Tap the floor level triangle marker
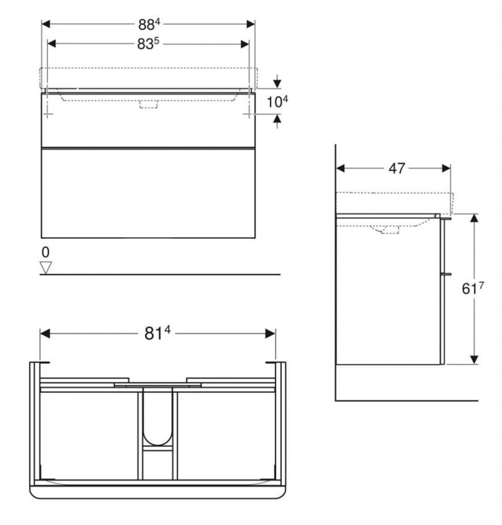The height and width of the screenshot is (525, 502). pyautogui.click(x=47, y=268)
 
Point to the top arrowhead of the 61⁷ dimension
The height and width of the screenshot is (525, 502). pyautogui.click(x=474, y=218)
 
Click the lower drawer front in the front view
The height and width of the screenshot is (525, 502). pyautogui.click(x=148, y=193)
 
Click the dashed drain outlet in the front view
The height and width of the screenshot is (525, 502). pyautogui.click(x=149, y=105)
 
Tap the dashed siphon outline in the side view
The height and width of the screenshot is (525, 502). pyautogui.click(x=391, y=229)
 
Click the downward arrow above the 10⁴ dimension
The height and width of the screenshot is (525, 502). pyautogui.click(x=277, y=81)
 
